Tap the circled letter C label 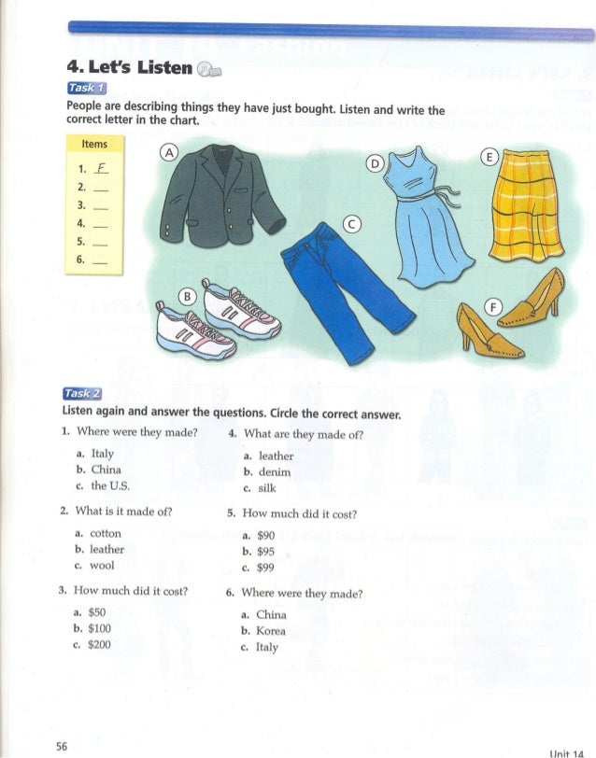(x=351, y=223)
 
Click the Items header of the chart (x=94, y=144)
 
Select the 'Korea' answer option (x=272, y=631)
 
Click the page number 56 (x=63, y=745)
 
